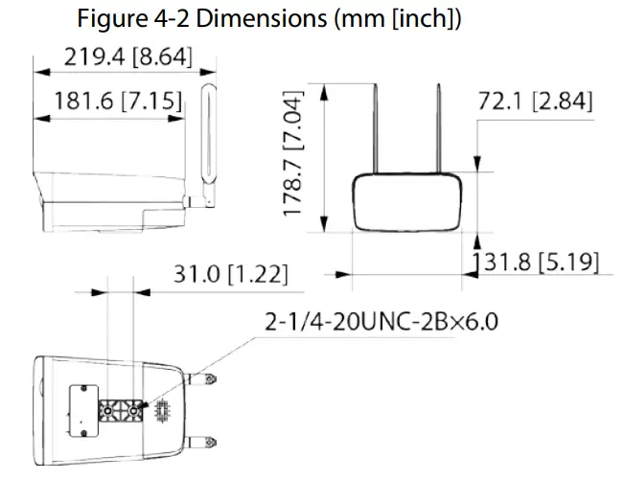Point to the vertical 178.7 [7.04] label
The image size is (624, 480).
click(293, 153)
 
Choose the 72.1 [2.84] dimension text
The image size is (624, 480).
click(537, 102)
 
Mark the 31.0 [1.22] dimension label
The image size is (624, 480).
click(230, 275)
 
